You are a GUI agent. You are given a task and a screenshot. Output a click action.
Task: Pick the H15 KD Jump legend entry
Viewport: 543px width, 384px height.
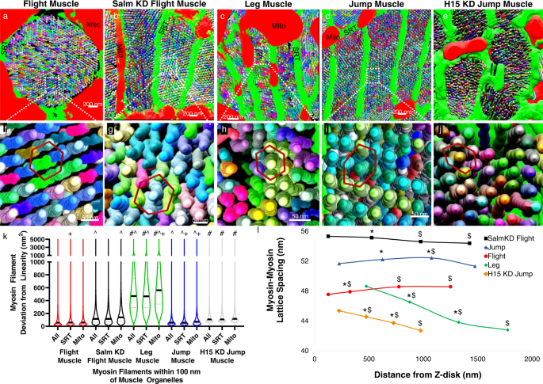(x=501, y=273)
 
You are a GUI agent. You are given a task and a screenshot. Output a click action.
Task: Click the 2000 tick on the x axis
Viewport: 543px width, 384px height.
(x=530, y=358)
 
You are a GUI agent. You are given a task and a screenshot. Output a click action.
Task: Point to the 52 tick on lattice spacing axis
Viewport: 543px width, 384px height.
(x=304, y=260)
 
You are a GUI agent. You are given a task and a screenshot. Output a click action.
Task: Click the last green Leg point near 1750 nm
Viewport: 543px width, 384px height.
(x=507, y=329)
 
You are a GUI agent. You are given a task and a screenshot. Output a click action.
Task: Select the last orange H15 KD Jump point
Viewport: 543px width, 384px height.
(x=420, y=330)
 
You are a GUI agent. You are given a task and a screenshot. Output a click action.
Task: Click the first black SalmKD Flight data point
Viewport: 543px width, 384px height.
(x=328, y=236)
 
